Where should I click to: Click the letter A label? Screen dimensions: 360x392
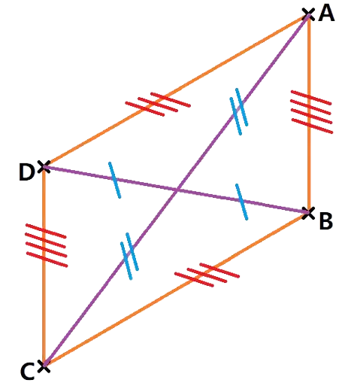click(x=326, y=14)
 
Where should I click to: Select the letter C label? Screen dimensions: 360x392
click(x=27, y=371)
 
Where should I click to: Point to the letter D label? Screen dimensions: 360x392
click(x=26, y=172)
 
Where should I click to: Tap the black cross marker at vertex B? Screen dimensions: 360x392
click(x=308, y=214)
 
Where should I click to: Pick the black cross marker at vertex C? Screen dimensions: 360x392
click(x=44, y=366)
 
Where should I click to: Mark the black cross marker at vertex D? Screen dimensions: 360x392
click(x=44, y=167)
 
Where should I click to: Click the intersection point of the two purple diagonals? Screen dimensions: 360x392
click(x=177, y=191)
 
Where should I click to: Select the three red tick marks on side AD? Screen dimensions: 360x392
click(x=158, y=104)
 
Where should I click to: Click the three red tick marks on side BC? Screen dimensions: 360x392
click(x=207, y=275)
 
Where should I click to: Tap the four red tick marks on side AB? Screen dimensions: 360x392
click(x=311, y=112)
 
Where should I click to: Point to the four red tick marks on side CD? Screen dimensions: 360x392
click(x=47, y=245)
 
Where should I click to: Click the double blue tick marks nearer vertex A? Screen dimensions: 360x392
click(x=239, y=111)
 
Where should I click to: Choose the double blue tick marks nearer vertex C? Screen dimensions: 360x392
click(x=129, y=256)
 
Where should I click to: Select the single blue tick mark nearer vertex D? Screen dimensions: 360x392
click(x=114, y=180)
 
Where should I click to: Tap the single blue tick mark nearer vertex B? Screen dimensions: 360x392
click(x=242, y=202)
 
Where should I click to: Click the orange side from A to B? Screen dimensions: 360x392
click(x=310, y=114)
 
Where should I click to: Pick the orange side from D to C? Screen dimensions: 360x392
click(x=44, y=266)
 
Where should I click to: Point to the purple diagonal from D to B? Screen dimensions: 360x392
click(x=176, y=190)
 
